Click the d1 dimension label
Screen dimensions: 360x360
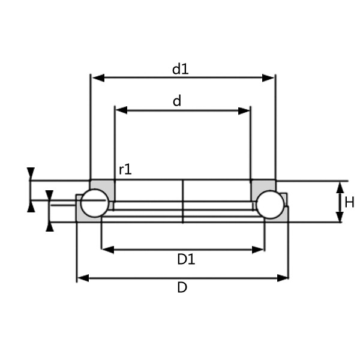pos(180,69)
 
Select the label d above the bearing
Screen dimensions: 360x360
pos(177,101)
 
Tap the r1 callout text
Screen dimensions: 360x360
pos(125,170)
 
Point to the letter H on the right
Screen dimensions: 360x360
pos(350,202)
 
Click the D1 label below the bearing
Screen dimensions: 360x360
pos(186,259)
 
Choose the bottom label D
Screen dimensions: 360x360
pos(182,287)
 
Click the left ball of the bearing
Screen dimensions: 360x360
pos(95,203)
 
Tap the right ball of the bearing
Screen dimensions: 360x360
pos(269,204)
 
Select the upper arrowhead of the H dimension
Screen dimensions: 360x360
pos(340,187)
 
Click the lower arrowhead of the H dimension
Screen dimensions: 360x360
pos(340,217)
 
